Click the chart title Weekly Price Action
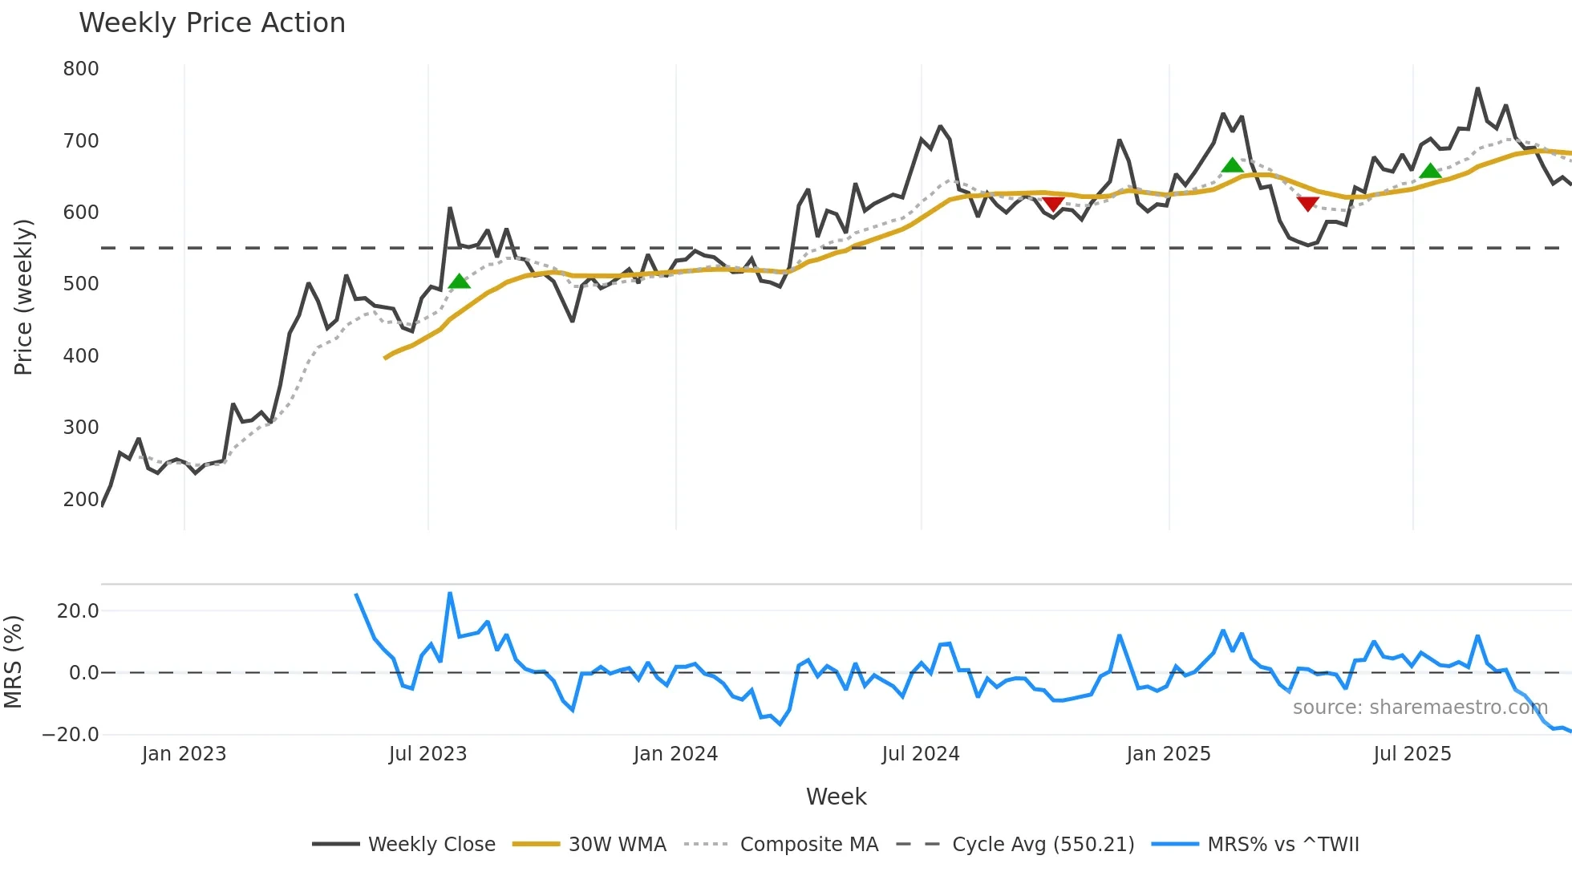click(212, 23)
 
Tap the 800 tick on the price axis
click(81, 69)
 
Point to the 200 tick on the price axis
click(81, 499)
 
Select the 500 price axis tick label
click(81, 284)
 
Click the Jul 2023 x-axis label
click(427, 754)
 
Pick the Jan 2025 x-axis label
click(1168, 754)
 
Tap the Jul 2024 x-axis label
click(920, 754)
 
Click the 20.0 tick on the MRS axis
click(78, 611)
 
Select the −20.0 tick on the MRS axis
click(71, 735)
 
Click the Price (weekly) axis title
click(23, 297)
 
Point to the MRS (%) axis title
click(13, 662)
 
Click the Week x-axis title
click(836, 797)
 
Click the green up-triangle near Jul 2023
click(459, 282)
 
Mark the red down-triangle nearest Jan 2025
click(1053, 204)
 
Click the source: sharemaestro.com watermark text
click(1420, 708)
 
